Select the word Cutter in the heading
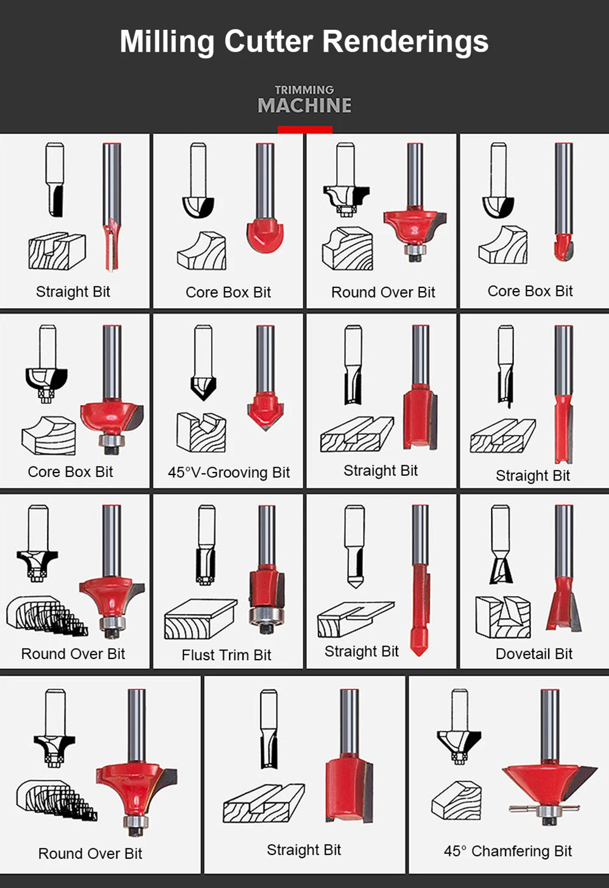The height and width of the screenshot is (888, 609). point(269,41)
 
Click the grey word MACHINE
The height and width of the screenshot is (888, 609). point(304,105)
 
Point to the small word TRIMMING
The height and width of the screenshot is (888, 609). point(304,90)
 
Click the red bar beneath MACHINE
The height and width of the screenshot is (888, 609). point(305,130)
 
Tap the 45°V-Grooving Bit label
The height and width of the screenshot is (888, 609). point(229,473)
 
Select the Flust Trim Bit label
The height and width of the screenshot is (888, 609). point(227,655)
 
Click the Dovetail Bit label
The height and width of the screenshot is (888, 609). point(534,654)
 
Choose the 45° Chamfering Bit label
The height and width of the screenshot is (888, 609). point(508,851)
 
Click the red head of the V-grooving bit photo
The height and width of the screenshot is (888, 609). point(266,411)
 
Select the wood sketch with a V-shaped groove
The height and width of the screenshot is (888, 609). point(202,432)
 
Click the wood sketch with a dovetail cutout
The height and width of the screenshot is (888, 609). point(503,617)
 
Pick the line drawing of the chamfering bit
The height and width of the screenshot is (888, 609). point(459,726)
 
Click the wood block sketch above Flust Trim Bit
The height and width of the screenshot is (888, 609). point(200,619)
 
